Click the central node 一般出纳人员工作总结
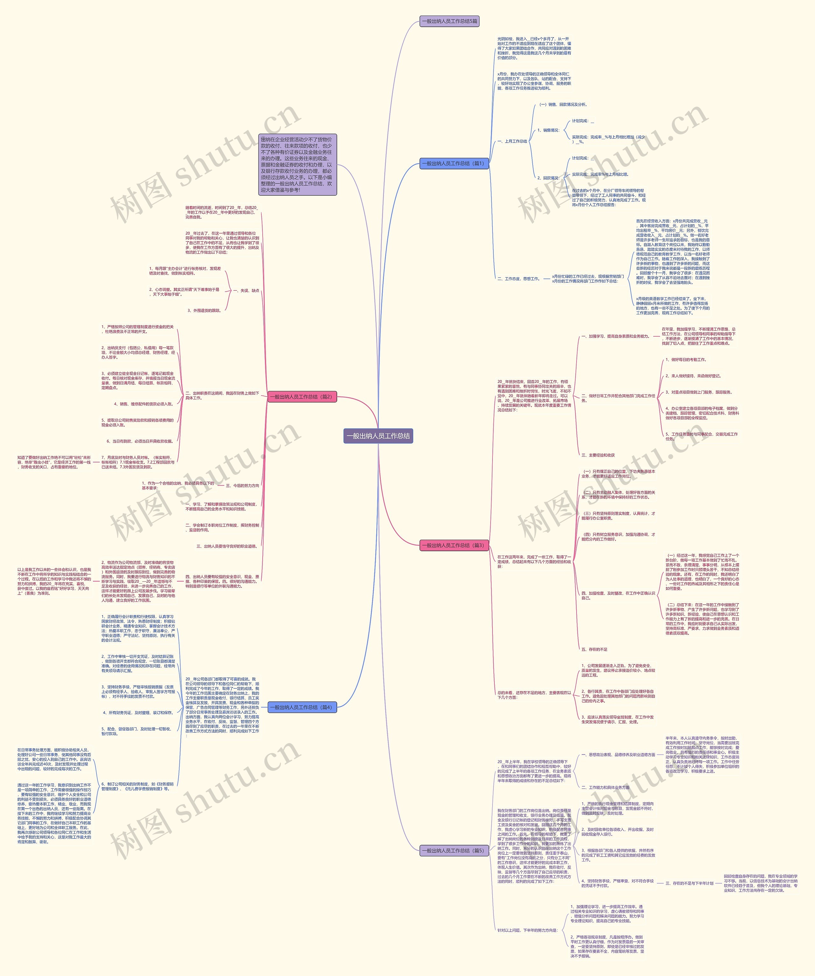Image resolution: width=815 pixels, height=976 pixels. pos(378,436)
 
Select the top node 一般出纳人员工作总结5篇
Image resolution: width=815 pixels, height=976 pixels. pos(449,21)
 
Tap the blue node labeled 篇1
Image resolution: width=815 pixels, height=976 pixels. pos(454,164)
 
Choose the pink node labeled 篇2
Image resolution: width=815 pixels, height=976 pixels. pos(302,397)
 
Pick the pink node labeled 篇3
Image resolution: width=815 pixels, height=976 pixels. pos(454,545)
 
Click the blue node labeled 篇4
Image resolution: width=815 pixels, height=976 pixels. pos(302,707)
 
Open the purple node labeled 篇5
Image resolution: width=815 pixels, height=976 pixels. pos(454,851)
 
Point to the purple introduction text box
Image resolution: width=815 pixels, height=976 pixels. pos(298,165)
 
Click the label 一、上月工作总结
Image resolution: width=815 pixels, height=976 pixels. pos(512,141)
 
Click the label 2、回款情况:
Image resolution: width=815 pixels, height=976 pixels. pos(549,178)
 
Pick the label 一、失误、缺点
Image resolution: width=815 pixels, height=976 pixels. pos(246,291)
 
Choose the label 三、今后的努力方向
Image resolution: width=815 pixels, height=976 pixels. pos(242,486)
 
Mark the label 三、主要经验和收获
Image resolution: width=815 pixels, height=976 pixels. pos(598,455)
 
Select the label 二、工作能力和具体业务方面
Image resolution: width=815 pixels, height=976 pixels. pos(605,788)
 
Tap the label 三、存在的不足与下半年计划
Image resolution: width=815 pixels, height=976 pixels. pos(689,883)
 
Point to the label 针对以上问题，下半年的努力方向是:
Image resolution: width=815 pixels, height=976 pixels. pos(527,930)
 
